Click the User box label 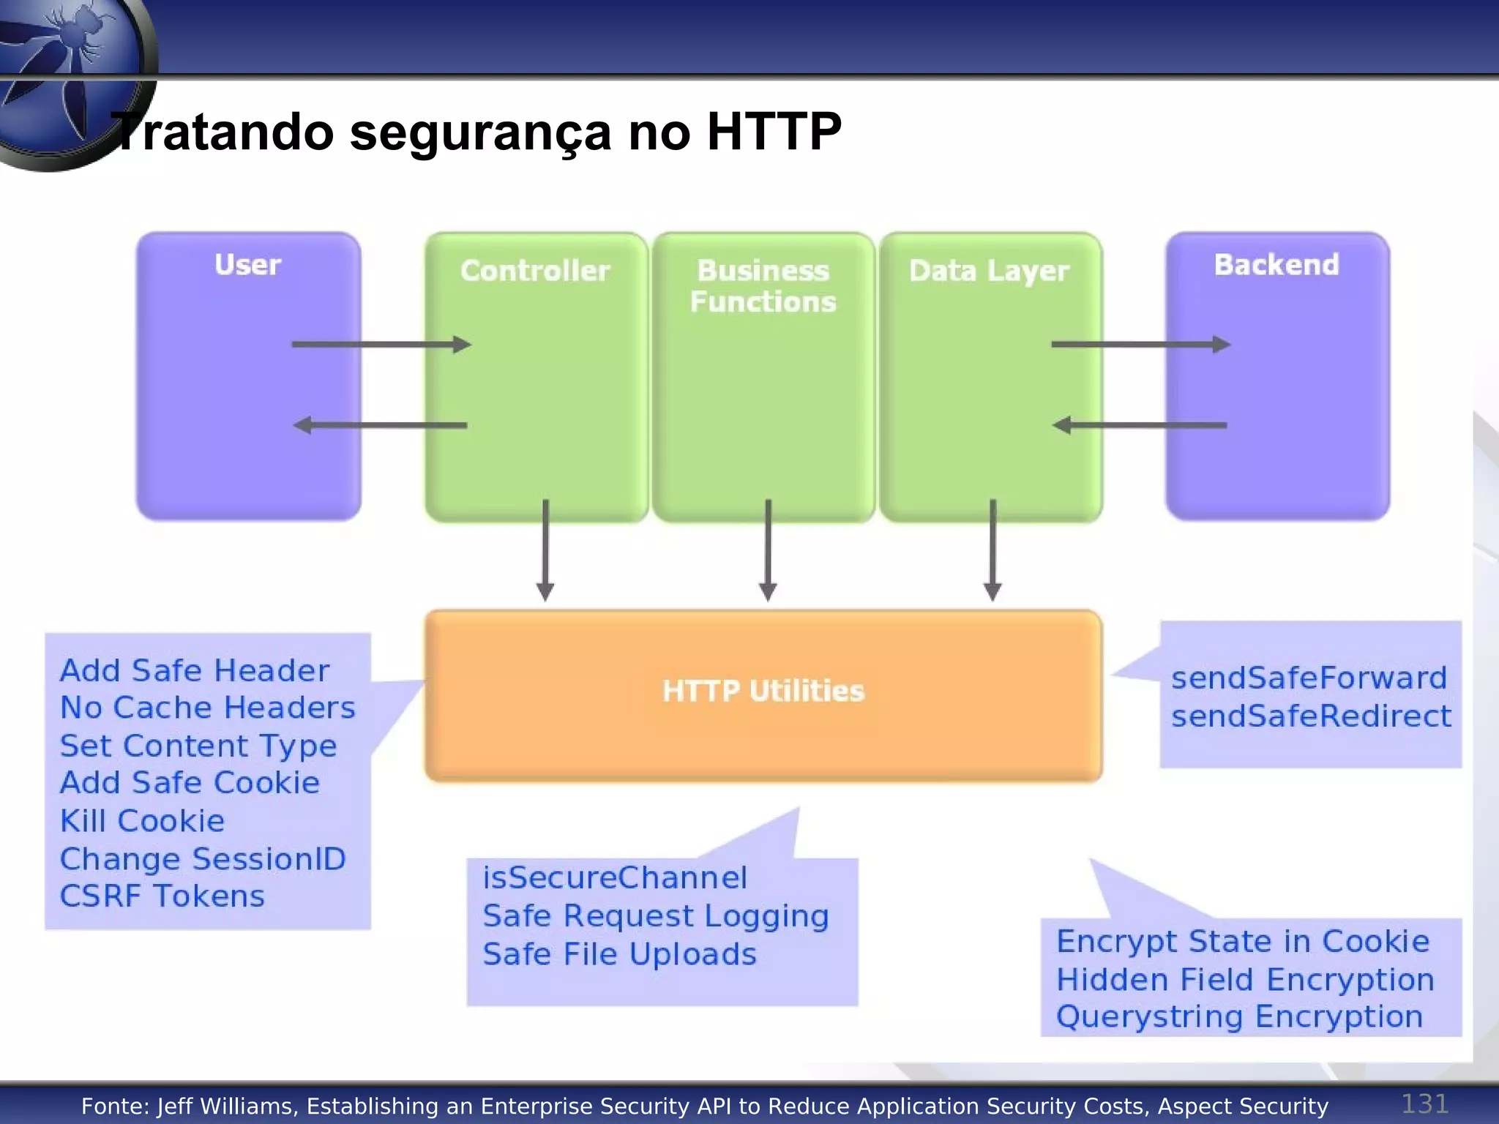click(x=247, y=265)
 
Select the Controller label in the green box click(x=535, y=271)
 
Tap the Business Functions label click(x=763, y=286)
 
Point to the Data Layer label click(x=989, y=271)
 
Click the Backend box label click(x=1276, y=265)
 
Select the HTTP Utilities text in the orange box click(x=763, y=691)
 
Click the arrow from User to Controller click(x=381, y=344)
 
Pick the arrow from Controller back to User click(x=381, y=424)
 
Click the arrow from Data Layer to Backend click(x=1140, y=344)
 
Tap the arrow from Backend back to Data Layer click(x=1140, y=424)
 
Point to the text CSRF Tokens click(x=162, y=896)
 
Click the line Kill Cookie click(x=142, y=821)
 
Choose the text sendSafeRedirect click(x=1311, y=716)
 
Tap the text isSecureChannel click(x=615, y=877)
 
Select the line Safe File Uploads click(x=619, y=954)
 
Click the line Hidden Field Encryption click(x=1245, y=980)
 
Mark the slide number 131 click(x=1424, y=1104)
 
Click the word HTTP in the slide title click(x=774, y=132)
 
